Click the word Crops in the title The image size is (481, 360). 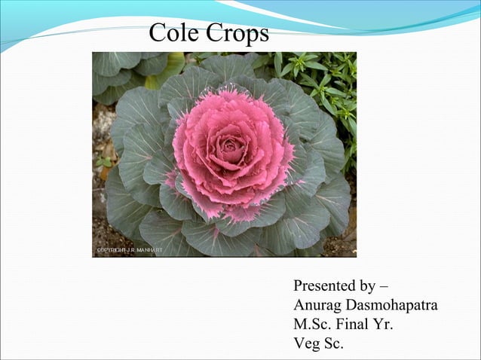click(237, 34)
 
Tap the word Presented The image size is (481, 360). click(326, 286)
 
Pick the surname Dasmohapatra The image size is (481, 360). click(392, 306)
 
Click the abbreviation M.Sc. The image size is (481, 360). click(311, 325)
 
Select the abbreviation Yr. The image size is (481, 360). click(383, 325)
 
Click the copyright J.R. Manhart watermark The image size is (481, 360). click(127, 250)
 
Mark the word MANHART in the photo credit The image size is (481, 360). click(148, 250)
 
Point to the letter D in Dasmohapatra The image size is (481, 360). click(352, 306)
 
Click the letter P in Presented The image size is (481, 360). click(298, 286)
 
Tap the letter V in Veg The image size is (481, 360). click(299, 345)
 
